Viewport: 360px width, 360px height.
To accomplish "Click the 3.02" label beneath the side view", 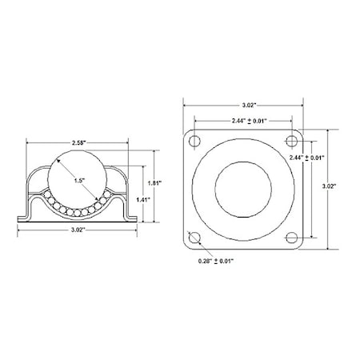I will click(78, 229).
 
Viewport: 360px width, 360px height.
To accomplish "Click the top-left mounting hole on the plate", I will click(194, 142).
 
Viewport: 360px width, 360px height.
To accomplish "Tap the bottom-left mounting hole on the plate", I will click(194, 237).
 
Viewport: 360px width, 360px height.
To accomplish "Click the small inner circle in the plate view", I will click(243, 189).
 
